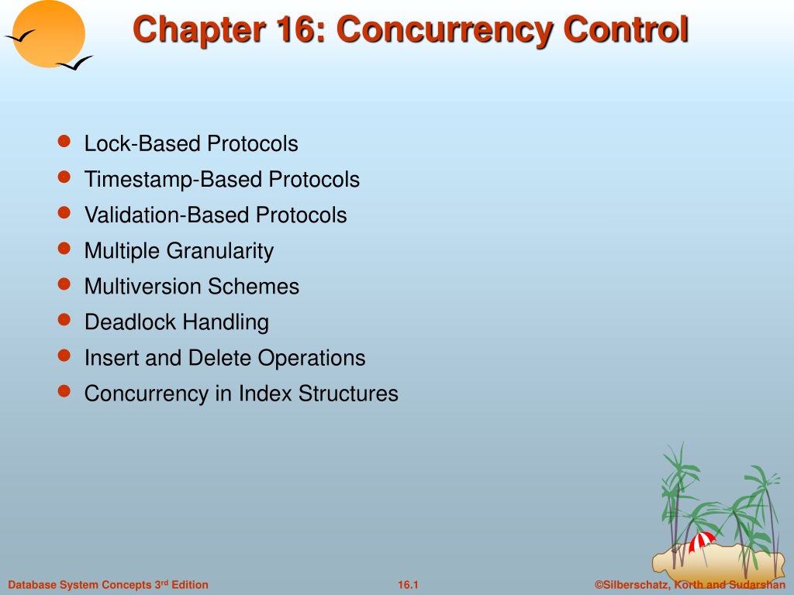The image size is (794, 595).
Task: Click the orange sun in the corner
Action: click(49, 33)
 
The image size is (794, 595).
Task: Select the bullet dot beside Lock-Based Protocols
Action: click(64, 141)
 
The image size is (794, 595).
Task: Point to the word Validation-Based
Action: click(167, 215)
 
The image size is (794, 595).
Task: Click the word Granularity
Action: click(219, 252)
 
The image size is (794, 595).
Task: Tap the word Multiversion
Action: click(143, 287)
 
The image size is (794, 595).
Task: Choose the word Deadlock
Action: click(130, 322)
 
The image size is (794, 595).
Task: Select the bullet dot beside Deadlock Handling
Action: click(64, 319)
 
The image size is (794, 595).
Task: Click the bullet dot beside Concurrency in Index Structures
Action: click(64, 390)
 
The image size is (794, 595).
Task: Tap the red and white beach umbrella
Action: click(702, 543)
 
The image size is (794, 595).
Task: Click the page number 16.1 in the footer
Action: click(408, 585)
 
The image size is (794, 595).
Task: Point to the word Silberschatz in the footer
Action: click(634, 585)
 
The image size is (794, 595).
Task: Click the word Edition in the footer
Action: click(190, 585)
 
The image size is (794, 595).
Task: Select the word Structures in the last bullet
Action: click(348, 394)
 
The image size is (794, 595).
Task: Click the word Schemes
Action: click(254, 287)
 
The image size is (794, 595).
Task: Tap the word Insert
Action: click(112, 358)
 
